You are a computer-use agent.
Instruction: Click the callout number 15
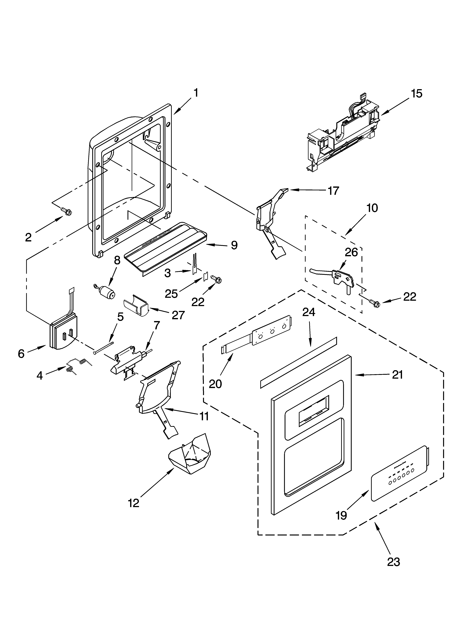pos(417,93)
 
